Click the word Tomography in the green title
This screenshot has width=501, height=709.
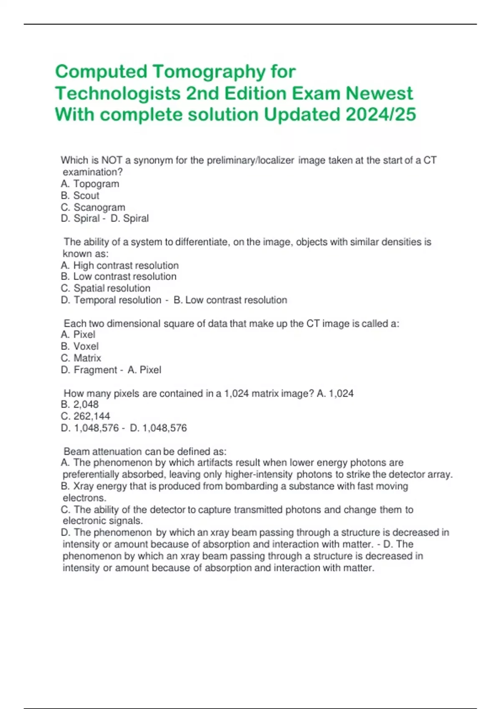tap(209, 72)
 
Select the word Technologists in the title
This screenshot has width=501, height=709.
tap(118, 93)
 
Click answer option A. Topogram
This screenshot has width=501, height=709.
tap(90, 184)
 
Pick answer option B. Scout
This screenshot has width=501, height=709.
tap(80, 196)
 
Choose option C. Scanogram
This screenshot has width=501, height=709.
tap(93, 207)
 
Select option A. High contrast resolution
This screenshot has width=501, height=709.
tap(119, 265)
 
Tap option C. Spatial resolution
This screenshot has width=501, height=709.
tap(105, 288)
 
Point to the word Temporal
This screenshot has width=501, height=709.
tap(96, 300)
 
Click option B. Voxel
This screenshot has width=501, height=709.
tap(79, 346)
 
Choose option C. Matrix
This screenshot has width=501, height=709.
tap(81, 358)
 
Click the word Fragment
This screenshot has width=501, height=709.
tap(95, 370)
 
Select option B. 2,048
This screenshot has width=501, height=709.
tap(79, 404)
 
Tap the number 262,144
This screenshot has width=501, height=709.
tap(91, 416)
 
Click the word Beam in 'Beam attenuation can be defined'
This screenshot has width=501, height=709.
tap(76, 451)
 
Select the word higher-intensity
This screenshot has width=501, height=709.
tap(258, 475)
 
